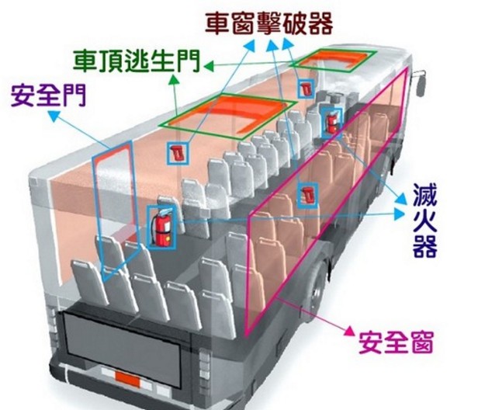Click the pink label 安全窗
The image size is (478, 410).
tap(400, 341)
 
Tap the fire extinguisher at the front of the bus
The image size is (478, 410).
tap(333, 120)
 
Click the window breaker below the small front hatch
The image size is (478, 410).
tap(306, 87)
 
